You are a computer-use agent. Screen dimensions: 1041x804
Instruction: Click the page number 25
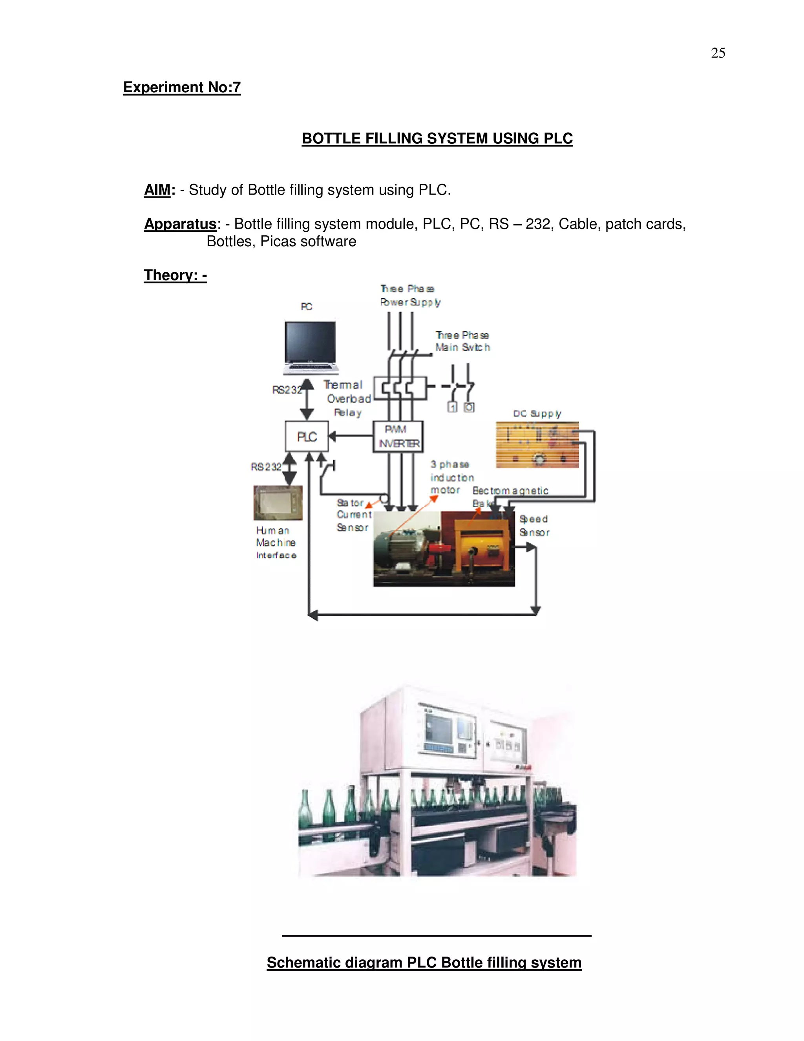coord(718,53)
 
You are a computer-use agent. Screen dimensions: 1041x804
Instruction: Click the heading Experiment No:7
coord(181,87)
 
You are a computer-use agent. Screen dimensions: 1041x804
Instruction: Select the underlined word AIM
coord(157,190)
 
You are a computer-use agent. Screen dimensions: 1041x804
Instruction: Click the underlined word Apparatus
coord(180,224)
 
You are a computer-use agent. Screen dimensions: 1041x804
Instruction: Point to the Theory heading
coord(175,275)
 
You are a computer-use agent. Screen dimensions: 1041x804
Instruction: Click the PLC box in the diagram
coord(307,436)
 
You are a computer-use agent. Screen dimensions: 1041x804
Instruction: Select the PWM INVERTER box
coord(398,436)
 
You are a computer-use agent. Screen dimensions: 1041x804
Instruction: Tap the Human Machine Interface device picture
coord(278,503)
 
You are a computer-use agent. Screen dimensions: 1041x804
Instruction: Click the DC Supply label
coord(537,414)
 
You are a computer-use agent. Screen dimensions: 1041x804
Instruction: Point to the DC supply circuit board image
coord(537,445)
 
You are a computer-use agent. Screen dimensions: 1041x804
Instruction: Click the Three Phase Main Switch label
coord(462,341)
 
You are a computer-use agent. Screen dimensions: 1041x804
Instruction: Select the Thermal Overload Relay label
coord(347,398)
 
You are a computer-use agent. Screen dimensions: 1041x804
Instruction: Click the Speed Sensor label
coord(534,525)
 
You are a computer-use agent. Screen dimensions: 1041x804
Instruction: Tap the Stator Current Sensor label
coord(353,515)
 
